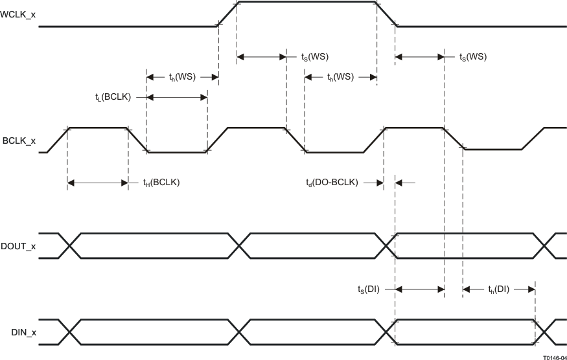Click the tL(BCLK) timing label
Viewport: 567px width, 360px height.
point(113,97)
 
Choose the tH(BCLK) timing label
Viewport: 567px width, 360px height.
point(161,183)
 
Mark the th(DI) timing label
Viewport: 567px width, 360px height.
point(498,289)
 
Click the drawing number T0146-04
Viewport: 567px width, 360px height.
point(555,355)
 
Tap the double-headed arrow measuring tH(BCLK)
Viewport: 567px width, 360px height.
point(97,183)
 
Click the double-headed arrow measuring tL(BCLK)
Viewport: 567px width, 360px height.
point(177,97)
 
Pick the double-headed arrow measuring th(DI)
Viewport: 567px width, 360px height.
point(499,289)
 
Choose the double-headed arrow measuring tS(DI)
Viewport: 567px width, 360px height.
point(419,289)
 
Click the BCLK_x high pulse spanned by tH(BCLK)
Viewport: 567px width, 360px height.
point(97,128)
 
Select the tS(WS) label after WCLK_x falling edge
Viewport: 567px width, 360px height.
point(472,57)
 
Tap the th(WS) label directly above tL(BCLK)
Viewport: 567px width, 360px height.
point(181,77)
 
